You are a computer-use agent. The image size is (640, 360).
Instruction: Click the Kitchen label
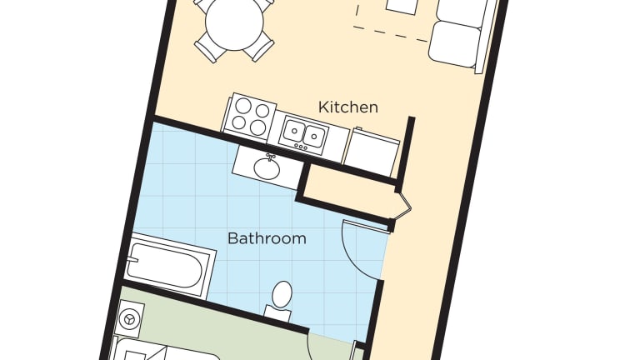coord(347,107)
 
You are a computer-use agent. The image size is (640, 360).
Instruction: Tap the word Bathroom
coord(267,238)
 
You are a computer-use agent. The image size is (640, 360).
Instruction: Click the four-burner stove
coord(248,117)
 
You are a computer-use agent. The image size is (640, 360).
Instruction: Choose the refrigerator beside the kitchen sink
coord(372,151)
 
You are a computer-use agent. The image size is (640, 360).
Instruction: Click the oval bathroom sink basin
coord(267,168)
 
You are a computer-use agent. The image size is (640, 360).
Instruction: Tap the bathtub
coord(168,265)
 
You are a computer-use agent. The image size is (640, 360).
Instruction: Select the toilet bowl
coord(282,295)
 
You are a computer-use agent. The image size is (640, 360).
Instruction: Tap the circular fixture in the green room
coord(130,319)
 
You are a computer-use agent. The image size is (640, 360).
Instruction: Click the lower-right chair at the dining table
coord(259,47)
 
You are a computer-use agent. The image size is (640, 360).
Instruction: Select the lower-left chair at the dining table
coord(209,48)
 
